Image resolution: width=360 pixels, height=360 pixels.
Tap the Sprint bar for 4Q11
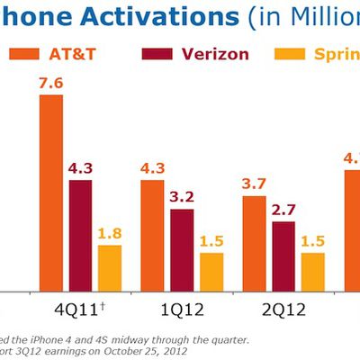(110, 267)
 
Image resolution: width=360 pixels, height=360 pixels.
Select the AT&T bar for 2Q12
(255, 242)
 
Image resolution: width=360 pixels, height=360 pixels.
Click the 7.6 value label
(51, 83)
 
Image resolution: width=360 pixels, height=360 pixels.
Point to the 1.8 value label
(110, 234)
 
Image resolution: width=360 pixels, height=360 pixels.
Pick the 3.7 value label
(255, 184)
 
